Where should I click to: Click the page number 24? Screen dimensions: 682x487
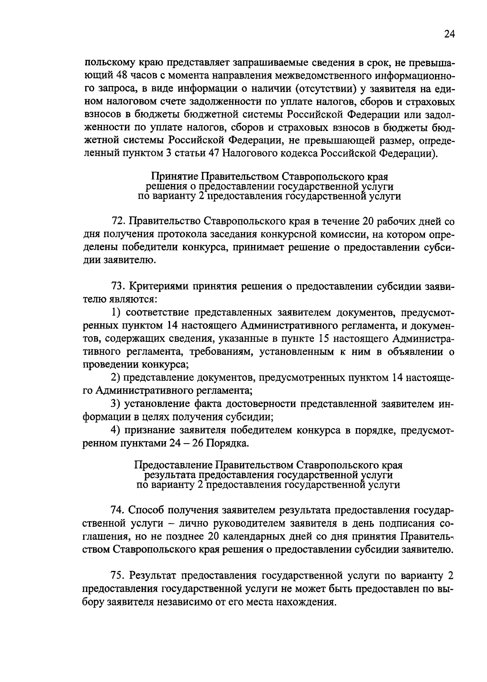click(x=449, y=34)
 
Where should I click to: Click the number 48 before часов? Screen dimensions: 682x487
click(x=123, y=75)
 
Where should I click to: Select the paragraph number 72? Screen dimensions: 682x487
click(x=118, y=221)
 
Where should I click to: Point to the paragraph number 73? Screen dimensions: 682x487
click(x=118, y=286)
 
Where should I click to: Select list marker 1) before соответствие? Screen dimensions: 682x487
click(x=116, y=312)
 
